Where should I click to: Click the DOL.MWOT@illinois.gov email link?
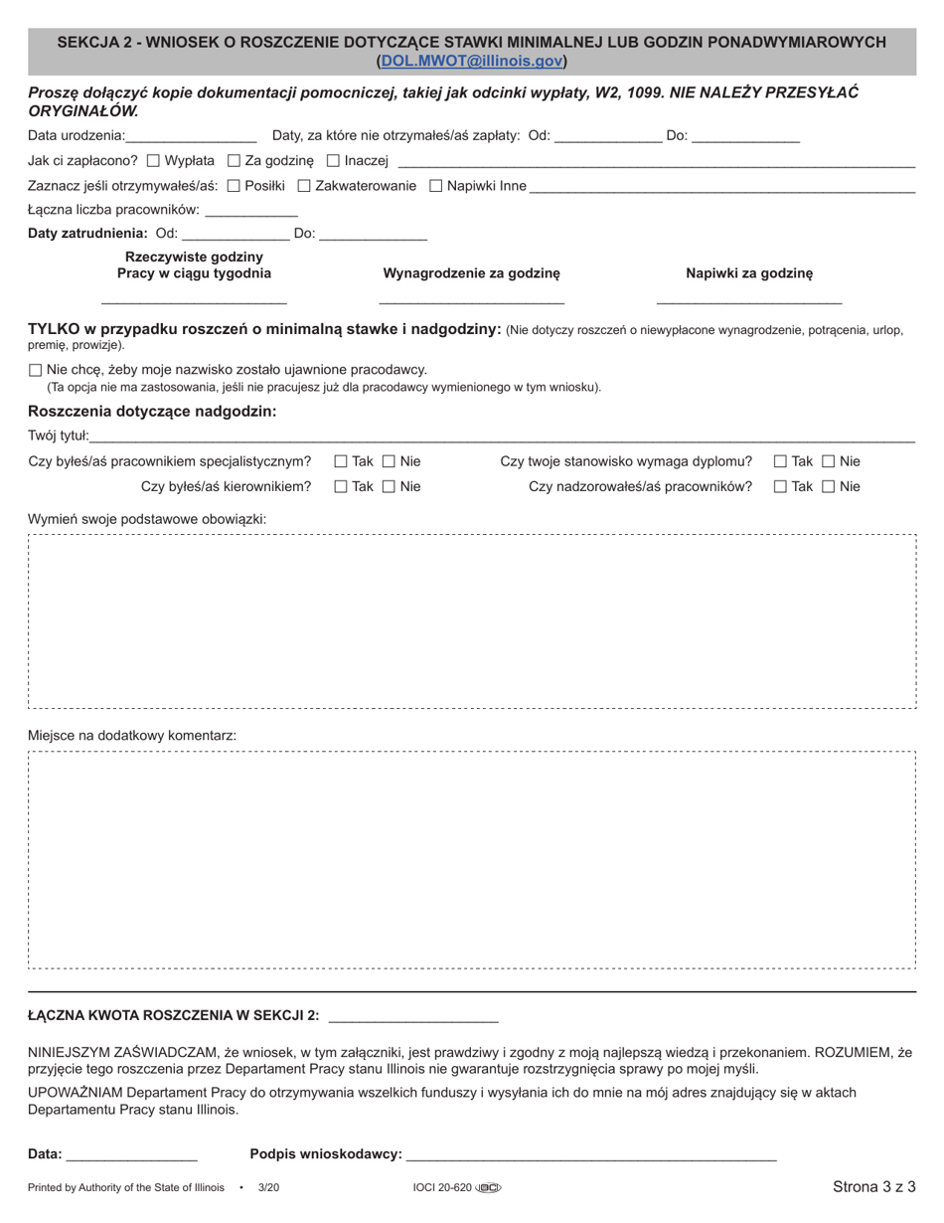pyautogui.click(x=472, y=61)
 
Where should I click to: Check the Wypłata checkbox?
pyautogui.click(x=153, y=160)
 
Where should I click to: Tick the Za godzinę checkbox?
pyautogui.click(x=235, y=160)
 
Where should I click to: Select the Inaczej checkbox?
pyautogui.click(x=333, y=160)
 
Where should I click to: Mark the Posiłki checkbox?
pyautogui.click(x=234, y=185)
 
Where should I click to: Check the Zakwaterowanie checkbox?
pyautogui.click(x=304, y=185)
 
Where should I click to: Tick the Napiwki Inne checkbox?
pyautogui.click(x=436, y=185)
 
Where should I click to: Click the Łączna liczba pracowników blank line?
pyautogui.click(x=250, y=211)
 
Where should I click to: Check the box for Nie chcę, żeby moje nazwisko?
pyautogui.click(x=36, y=370)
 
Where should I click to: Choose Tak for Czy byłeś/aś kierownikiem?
pyautogui.click(x=341, y=487)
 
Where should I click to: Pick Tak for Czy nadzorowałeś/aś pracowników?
pyautogui.click(x=780, y=487)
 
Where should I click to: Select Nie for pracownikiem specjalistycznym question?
pyautogui.click(x=389, y=461)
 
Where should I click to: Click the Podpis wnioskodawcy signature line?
pyautogui.click(x=591, y=1155)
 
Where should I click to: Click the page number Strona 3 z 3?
pyautogui.click(x=873, y=1187)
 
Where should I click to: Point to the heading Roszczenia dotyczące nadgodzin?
pyautogui.click(x=152, y=412)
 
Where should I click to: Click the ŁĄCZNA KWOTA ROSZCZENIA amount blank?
pyautogui.click(x=412, y=1016)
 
